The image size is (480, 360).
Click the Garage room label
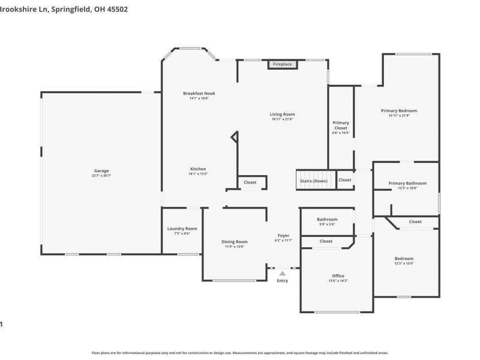click(101, 170)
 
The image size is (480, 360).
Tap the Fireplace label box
click(282, 64)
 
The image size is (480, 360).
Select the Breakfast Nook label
click(199, 94)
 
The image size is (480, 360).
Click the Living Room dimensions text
click(282, 119)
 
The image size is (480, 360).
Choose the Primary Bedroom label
click(398, 110)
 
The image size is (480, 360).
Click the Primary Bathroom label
click(407, 183)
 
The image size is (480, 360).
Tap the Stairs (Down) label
click(314, 181)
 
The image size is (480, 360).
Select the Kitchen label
click(198, 169)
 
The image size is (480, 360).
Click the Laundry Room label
click(182, 229)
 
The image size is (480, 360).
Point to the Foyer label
click(283, 235)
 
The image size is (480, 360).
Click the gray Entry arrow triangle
click(282, 273)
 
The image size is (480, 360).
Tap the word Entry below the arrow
click(282, 281)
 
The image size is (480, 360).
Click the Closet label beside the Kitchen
click(250, 182)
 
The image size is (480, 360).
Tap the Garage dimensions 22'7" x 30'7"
click(101, 175)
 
